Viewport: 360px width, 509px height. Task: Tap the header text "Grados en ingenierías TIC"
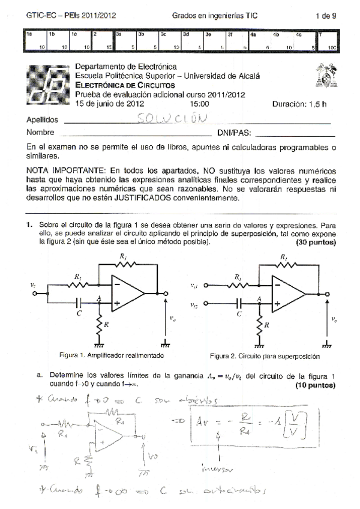pos(214,16)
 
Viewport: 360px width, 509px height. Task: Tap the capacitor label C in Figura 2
pos(239,313)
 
